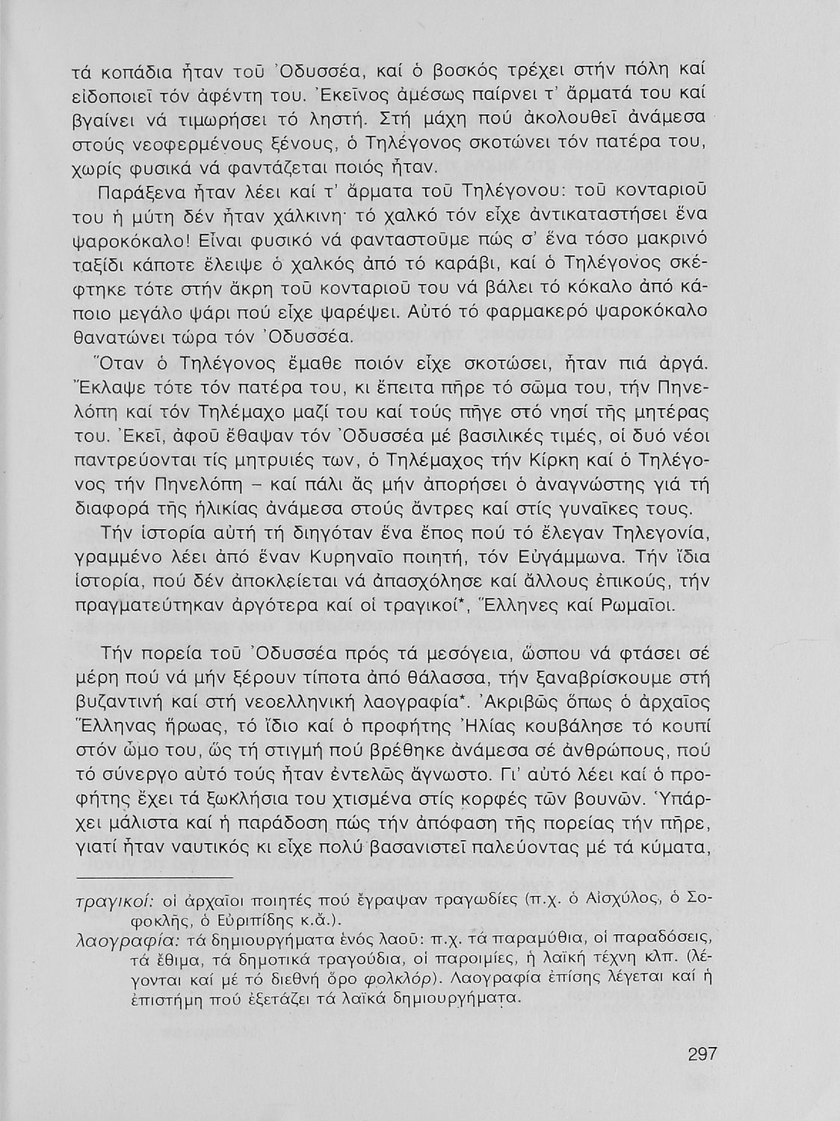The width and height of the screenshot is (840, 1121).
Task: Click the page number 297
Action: [x=702, y=1054]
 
